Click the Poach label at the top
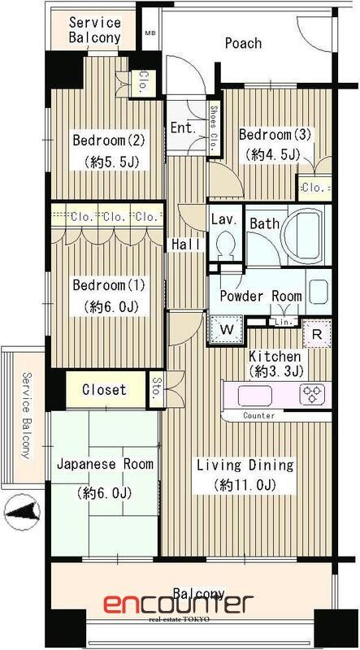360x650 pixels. [x=243, y=43]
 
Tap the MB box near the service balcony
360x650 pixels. [x=150, y=34]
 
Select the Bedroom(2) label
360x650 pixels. [x=109, y=140]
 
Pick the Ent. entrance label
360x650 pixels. [x=182, y=128]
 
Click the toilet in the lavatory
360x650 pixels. [x=226, y=243]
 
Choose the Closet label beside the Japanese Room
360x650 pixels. [x=104, y=390]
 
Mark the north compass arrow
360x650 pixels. [x=24, y=511]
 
